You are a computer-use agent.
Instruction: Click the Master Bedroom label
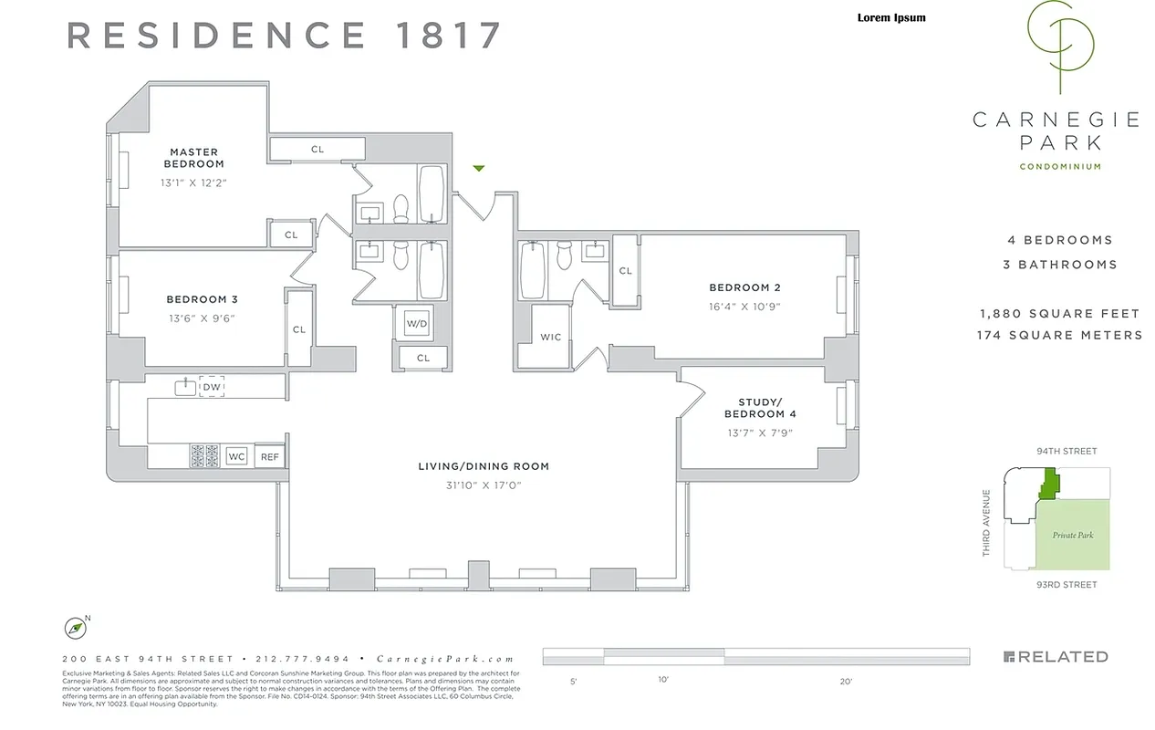coord(193,158)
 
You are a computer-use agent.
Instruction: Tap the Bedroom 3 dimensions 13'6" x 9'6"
coord(202,318)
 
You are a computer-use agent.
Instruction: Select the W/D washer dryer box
coord(417,324)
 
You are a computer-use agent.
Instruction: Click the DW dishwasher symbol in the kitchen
coord(212,387)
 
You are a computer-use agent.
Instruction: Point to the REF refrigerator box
coord(269,456)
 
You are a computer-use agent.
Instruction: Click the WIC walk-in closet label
coord(550,337)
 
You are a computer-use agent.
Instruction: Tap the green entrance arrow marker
coord(478,168)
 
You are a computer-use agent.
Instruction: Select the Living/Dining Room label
coord(484,466)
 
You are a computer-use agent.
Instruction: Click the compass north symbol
coord(76,628)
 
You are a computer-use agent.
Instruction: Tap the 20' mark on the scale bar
coord(846,681)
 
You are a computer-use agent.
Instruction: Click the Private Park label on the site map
coord(1072,536)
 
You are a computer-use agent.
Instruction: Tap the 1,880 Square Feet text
coord(1058,314)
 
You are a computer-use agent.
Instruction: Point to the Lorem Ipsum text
coord(891,17)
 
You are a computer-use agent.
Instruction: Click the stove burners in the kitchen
coord(203,455)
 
